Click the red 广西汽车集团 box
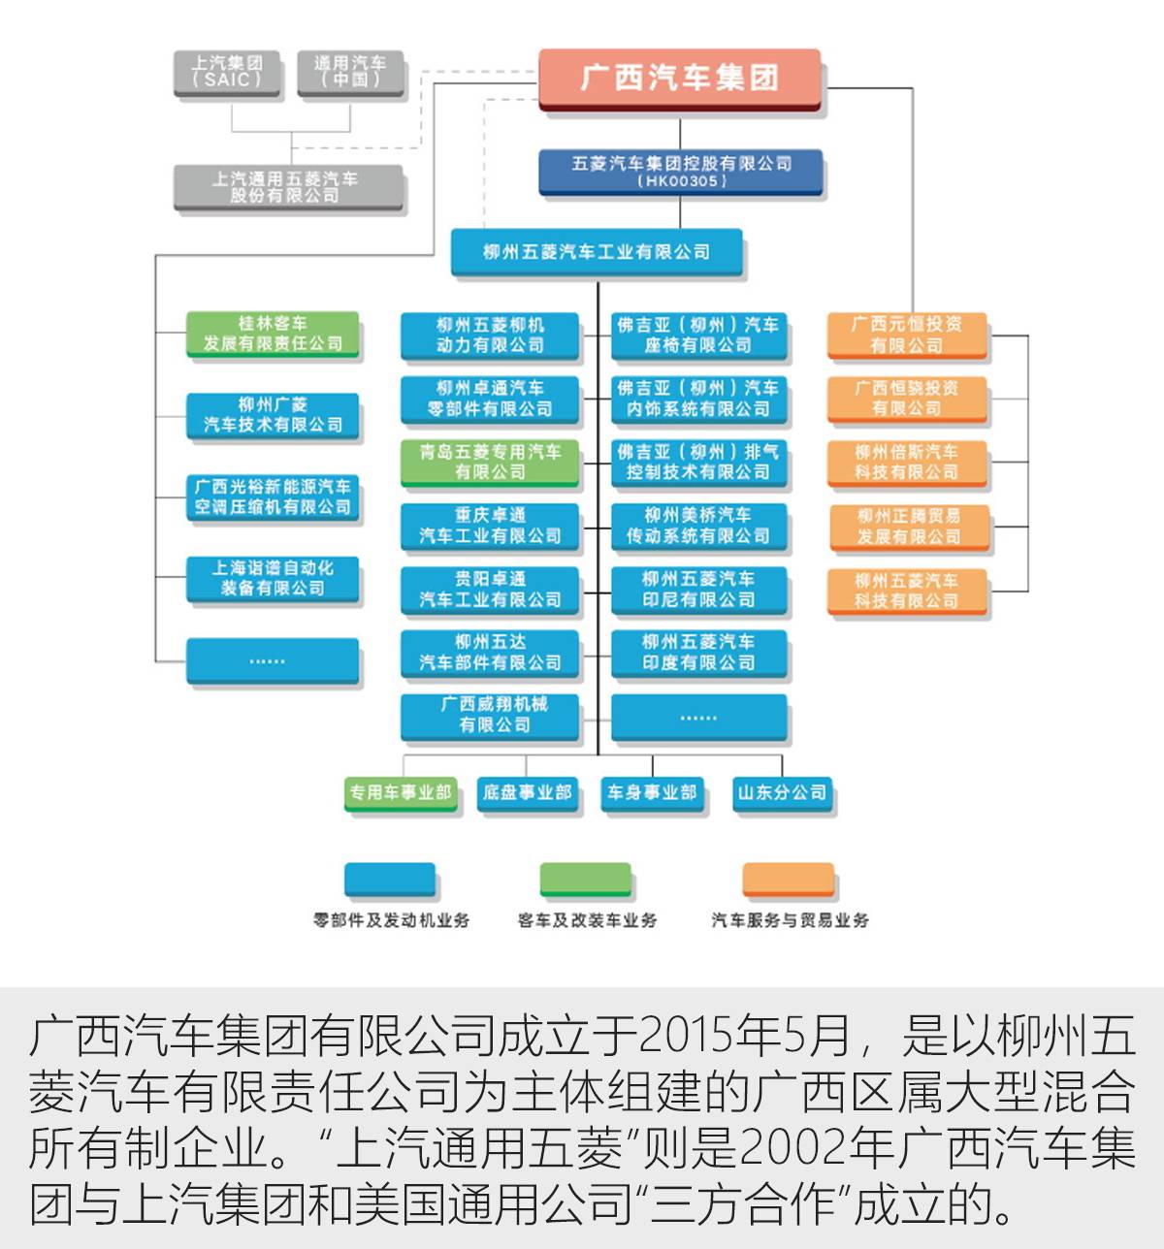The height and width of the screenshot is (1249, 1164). click(x=679, y=78)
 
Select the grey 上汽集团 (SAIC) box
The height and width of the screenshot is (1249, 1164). click(x=227, y=72)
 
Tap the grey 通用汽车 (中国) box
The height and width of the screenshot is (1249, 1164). click(x=349, y=72)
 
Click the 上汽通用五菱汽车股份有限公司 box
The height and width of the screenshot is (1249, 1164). click(x=289, y=187)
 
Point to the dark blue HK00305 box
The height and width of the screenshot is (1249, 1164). click(x=681, y=173)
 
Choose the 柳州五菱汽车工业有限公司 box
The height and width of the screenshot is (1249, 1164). click(x=597, y=252)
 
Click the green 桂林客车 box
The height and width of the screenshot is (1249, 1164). click(x=273, y=334)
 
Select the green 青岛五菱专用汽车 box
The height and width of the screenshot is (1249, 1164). click(x=490, y=462)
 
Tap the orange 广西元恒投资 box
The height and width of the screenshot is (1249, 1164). click(x=906, y=335)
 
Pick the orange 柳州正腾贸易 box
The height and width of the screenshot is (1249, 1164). click(x=908, y=526)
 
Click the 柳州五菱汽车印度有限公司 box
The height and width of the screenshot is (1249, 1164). click(x=698, y=653)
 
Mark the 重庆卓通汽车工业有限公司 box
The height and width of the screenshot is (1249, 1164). click(x=490, y=526)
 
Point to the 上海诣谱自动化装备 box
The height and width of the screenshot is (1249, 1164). click(x=273, y=578)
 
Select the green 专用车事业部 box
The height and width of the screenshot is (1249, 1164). click(x=400, y=792)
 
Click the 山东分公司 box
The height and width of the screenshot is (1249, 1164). click(x=782, y=792)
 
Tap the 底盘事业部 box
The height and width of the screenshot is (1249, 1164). click(x=527, y=792)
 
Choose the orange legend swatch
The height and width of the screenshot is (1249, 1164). click(x=788, y=879)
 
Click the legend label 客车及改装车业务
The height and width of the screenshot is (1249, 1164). click(x=587, y=919)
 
